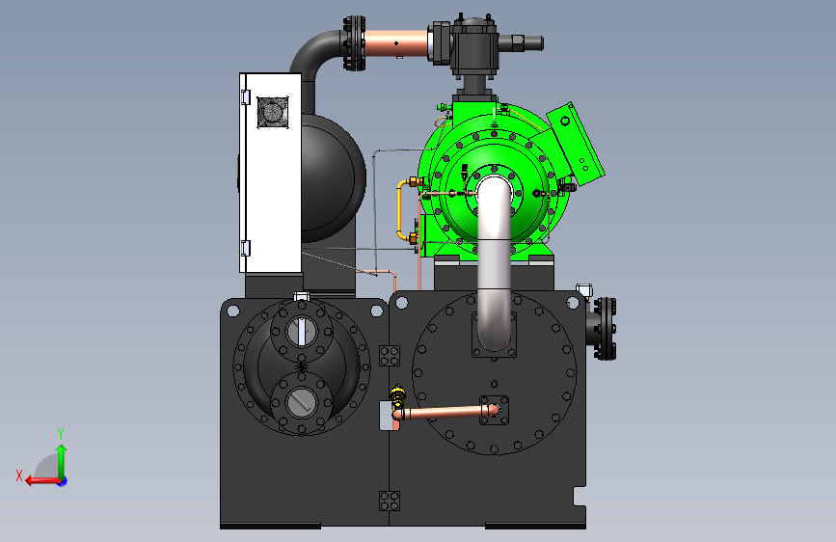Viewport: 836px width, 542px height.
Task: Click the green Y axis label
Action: [x=61, y=433]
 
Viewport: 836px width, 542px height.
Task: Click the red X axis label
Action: [x=19, y=475]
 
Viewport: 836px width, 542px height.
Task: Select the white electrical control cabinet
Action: [x=270, y=173]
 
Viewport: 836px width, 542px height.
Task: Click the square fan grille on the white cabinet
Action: [x=273, y=112]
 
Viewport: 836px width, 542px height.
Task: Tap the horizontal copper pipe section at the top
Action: [x=396, y=43]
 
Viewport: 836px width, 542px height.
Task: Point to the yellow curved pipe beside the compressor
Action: [x=400, y=210]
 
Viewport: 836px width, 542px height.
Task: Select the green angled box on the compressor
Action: [x=576, y=144]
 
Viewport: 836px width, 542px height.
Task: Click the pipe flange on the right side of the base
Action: [x=605, y=328]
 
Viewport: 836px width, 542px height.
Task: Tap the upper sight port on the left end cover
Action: [x=302, y=331]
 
